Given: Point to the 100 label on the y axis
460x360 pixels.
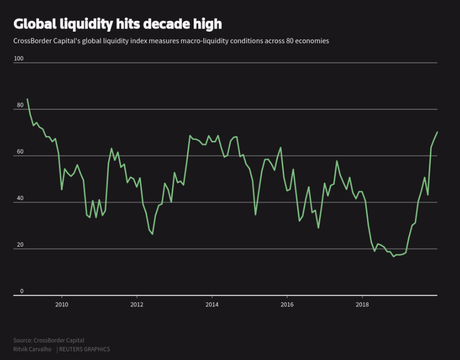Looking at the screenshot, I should [18, 59].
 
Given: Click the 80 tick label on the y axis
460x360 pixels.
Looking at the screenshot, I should [20, 105].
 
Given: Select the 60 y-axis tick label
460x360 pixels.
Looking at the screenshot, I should [20, 152].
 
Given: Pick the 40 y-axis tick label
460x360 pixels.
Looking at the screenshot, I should [20, 199].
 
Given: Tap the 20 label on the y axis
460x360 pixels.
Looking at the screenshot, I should [20, 245].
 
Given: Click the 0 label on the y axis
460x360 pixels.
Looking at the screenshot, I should [21, 292].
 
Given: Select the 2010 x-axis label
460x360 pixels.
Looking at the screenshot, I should [61, 305].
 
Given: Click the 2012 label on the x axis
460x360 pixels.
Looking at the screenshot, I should [136, 305].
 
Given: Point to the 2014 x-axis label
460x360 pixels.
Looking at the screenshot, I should [212, 305].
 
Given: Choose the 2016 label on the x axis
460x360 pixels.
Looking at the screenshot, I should [287, 305].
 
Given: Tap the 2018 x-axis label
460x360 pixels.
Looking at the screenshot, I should [362, 305].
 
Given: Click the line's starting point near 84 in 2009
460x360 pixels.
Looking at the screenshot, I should [27, 99].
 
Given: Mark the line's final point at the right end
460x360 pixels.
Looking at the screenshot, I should [438, 132].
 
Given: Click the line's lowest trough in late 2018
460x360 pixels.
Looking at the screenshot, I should [394, 256].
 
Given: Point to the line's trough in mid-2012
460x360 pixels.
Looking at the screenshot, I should [152, 234].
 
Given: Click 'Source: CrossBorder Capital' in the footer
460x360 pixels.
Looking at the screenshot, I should [49, 340].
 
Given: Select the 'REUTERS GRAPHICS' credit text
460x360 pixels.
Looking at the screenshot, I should [84, 349].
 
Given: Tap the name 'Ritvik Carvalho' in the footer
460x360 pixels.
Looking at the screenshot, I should [32, 349].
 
